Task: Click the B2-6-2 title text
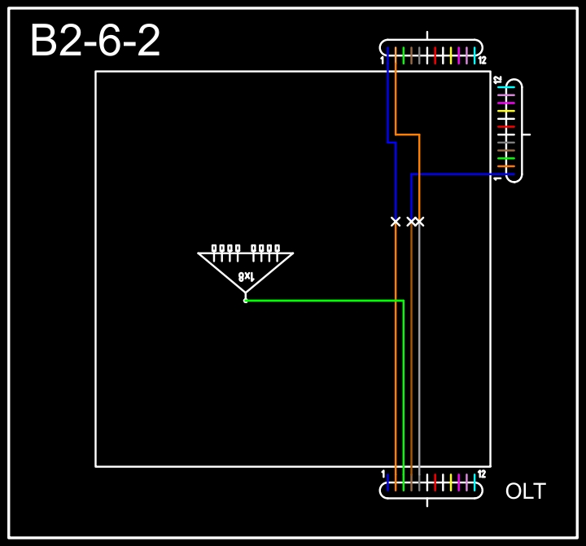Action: tap(95, 42)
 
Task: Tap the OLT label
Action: tap(525, 491)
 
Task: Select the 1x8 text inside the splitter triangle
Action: tap(247, 277)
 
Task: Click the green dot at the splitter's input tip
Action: tap(245, 301)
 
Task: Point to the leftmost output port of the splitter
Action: tap(214, 249)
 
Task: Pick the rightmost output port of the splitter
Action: tap(277, 249)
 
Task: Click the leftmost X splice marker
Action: tap(396, 221)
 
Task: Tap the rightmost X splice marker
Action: tap(419, 221)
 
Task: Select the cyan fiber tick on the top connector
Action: tap(474, 55)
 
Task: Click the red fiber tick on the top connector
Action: tap(435, 55)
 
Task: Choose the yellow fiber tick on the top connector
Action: tap(450, 55)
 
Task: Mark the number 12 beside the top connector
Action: tap(482, 61)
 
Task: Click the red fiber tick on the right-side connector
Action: tap(506, 127)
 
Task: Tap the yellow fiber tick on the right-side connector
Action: tap(506, 111)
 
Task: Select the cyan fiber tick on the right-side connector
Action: tap(506, 87)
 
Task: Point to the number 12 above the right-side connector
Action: tap(497, 79)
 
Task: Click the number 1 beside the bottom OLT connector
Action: tap(383, 473)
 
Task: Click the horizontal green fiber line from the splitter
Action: tap(326, 301)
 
